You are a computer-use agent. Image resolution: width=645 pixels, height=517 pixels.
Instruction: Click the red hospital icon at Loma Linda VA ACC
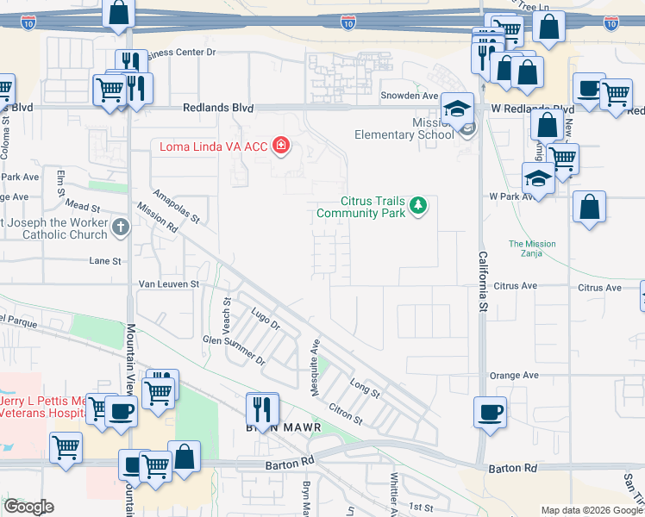280,146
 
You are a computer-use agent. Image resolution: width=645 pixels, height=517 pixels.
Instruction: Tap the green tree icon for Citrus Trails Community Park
418,205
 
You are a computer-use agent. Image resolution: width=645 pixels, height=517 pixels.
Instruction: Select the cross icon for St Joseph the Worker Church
121,227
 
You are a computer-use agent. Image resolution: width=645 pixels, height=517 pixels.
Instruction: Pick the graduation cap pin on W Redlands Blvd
458,109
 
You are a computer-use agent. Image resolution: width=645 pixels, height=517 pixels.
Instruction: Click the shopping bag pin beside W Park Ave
589,208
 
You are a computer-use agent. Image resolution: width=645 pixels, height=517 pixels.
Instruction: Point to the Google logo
28,507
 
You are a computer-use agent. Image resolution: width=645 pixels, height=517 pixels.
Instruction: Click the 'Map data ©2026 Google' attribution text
592,510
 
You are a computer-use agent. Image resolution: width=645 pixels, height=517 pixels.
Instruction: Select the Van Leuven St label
169,283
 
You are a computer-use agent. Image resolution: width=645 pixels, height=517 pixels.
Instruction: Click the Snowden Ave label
410,96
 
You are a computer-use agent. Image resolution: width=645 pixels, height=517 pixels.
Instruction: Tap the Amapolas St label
176,206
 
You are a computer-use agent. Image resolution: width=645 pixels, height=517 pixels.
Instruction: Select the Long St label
365,387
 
